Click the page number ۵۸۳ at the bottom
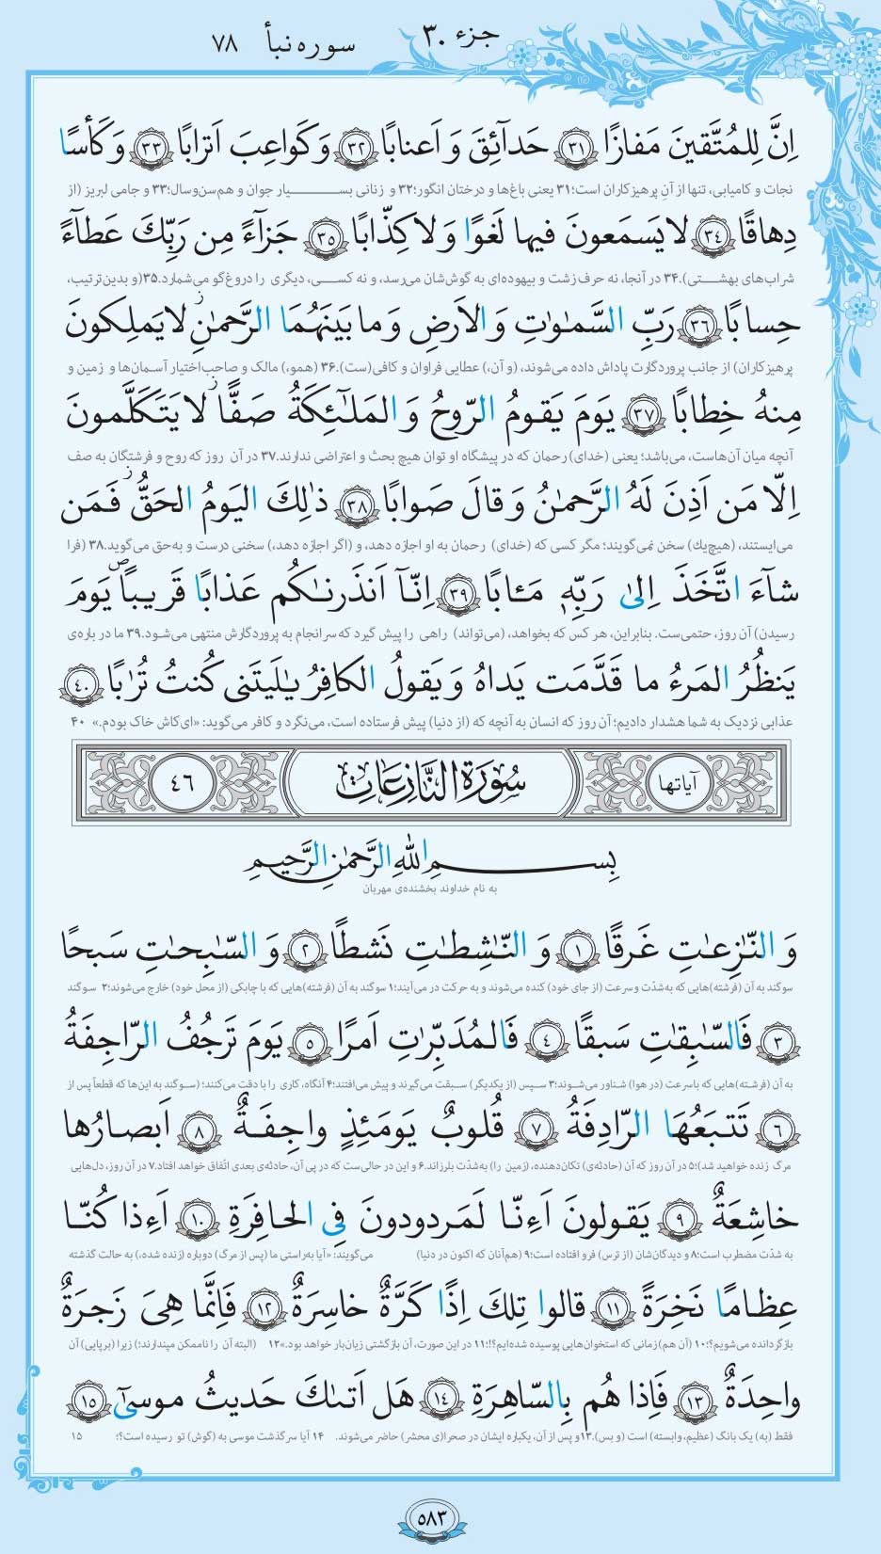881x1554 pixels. pyautogui.click(x=440, y=1518)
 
